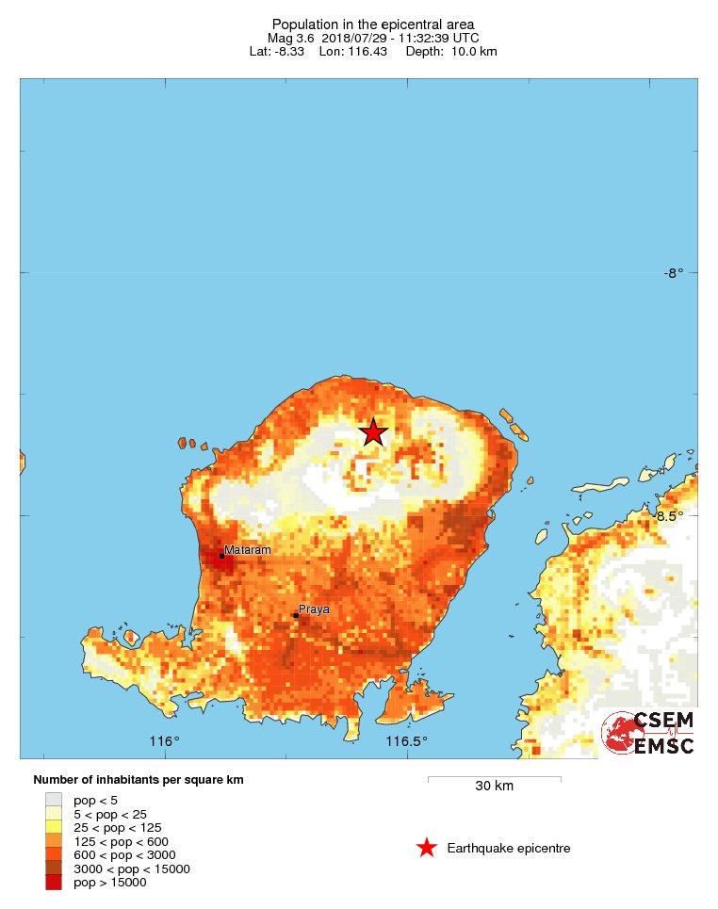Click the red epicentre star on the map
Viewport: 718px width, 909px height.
[x=373, y=432]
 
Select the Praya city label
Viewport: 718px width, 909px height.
[x=314, y=609]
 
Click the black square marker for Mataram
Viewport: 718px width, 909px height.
[x=221, y=556]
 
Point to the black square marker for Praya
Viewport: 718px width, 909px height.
[x=295, y=616]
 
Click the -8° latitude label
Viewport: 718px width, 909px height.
[x=672, y=273]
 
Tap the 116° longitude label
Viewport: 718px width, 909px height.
[x=165, y=741]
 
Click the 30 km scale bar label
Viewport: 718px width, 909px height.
[x=494, y=786]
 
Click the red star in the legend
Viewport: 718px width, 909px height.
[x=427, y=848]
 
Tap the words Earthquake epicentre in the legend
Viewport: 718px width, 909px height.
[x=509, y=848]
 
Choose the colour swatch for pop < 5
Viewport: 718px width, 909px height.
[x=54, y=800]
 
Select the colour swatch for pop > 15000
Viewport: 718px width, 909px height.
[x=54, y=882]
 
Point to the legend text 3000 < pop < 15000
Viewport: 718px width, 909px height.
[x=132, y=868]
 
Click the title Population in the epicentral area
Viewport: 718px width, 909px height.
[x=373, y=24]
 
